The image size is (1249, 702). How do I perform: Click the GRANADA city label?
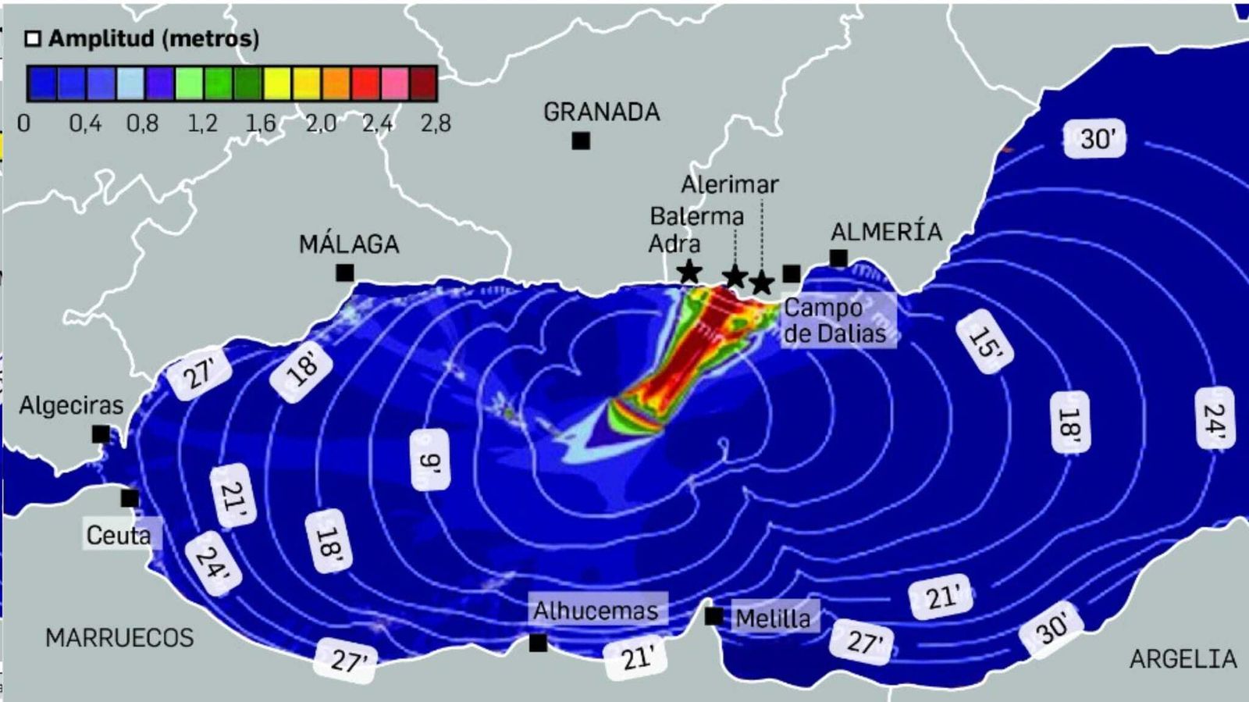[601, 112]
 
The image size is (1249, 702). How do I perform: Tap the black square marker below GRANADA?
[580, 141]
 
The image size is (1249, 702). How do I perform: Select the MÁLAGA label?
[349, 244]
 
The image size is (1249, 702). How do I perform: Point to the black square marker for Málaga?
[344, 273]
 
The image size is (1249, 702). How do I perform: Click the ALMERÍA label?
[886, 232]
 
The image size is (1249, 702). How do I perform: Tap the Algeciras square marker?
[101, 433]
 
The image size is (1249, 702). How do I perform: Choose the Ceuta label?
[119, 535]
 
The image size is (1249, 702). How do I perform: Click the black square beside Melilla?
[713, 616]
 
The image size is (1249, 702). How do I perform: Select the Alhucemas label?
[596, 610]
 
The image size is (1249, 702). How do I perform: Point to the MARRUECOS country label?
[119, 637]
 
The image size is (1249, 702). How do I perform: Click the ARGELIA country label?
[1183, 659]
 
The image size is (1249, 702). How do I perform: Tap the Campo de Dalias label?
[834, 320]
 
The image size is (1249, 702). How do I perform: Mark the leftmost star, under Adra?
[689, 272]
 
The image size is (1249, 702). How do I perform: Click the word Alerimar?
[729, 184]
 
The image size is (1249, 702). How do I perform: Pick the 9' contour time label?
[430, 461]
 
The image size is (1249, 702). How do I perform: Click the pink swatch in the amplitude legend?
[394, 84]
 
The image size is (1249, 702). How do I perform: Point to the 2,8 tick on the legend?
[435, 123]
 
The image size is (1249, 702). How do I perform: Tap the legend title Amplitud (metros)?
[153, 38]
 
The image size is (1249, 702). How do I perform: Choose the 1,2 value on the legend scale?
[202, 123]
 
